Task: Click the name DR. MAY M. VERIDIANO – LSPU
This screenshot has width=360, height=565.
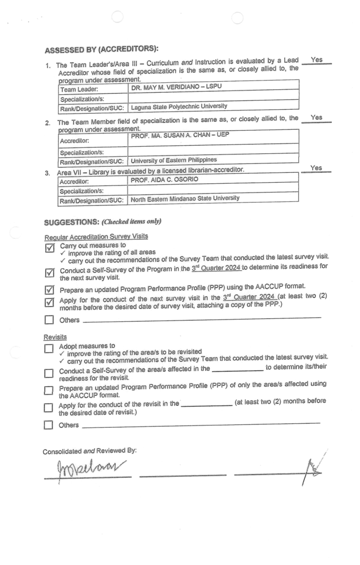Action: [x=172, y=87]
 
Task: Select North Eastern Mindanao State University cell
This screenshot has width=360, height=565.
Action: [x=184, y=199]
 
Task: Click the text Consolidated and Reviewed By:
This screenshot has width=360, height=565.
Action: [x=89, y=451]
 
